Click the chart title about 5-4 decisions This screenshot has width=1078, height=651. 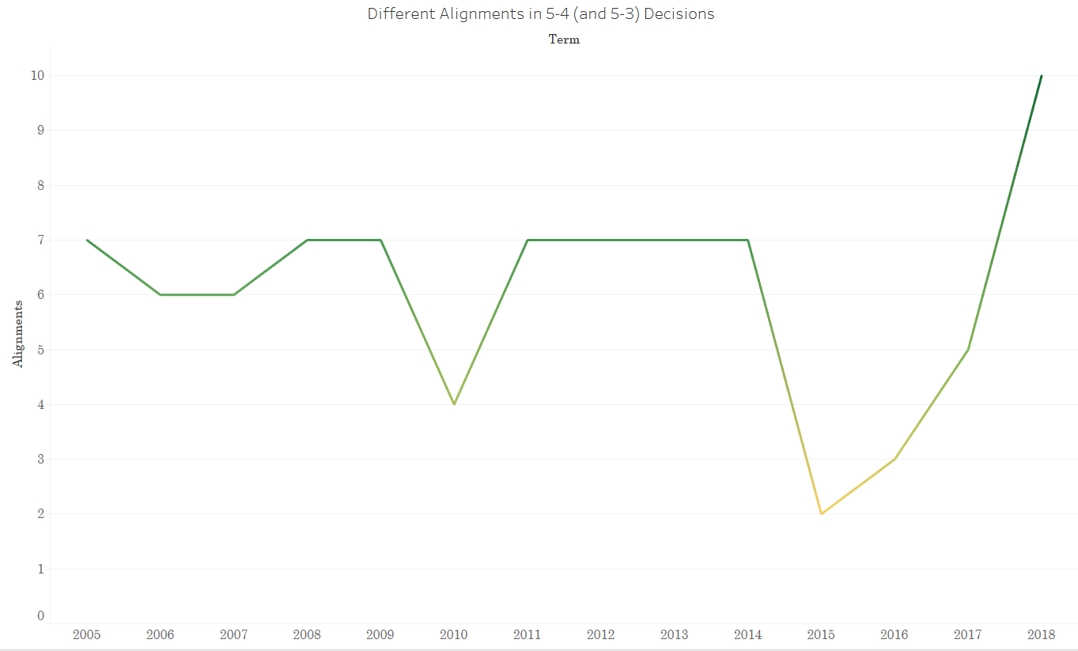coord(540,14)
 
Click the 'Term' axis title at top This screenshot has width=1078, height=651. coord(564,40)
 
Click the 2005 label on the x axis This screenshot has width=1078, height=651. coord(87,634)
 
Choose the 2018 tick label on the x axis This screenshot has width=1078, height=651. coord(1042,634)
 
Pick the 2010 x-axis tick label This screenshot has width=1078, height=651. coord(454,634)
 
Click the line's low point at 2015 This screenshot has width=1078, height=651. coord(821,513)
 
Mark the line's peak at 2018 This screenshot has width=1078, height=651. coord(1042,76)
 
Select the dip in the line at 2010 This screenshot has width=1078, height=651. coord(454,404)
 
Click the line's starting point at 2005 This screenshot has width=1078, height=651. coord(87,240)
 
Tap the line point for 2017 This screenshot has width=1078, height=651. coord(968,350)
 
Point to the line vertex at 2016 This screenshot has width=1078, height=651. coord(895,459)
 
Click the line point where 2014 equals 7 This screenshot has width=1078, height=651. coord(747,240)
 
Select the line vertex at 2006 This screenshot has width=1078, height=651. coord(161,294)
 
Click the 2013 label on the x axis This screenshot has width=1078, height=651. coord(674,634)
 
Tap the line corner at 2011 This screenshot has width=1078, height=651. coord(528,240)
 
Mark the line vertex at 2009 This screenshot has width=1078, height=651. coord(380,240)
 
